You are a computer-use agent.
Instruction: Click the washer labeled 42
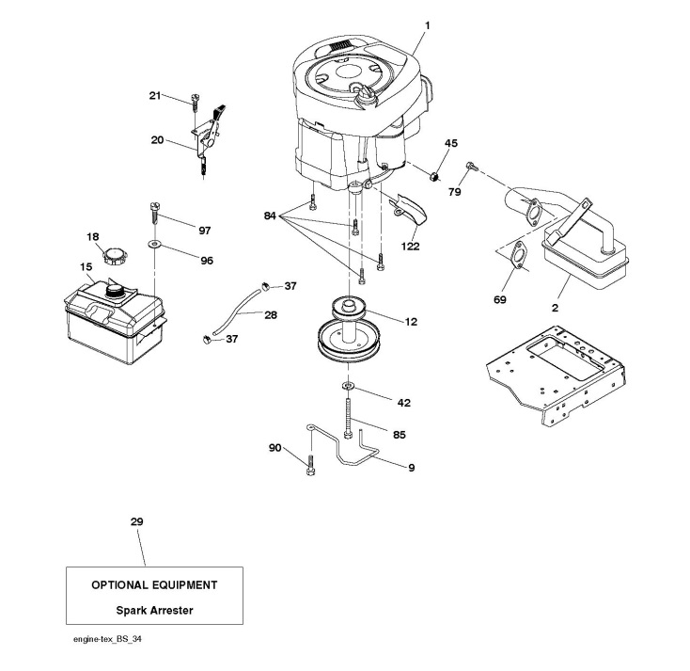[348, 387]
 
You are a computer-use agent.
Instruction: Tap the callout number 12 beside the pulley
[411, 322]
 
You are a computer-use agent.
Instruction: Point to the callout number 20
[157, 140]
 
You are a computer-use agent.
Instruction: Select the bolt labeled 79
[470, 168]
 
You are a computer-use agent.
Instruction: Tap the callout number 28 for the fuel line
[270, 314]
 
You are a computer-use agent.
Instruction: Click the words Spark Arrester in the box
[154, 610]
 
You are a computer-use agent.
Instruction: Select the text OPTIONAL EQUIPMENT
[154, 584]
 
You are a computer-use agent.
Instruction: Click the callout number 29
[138, 520]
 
